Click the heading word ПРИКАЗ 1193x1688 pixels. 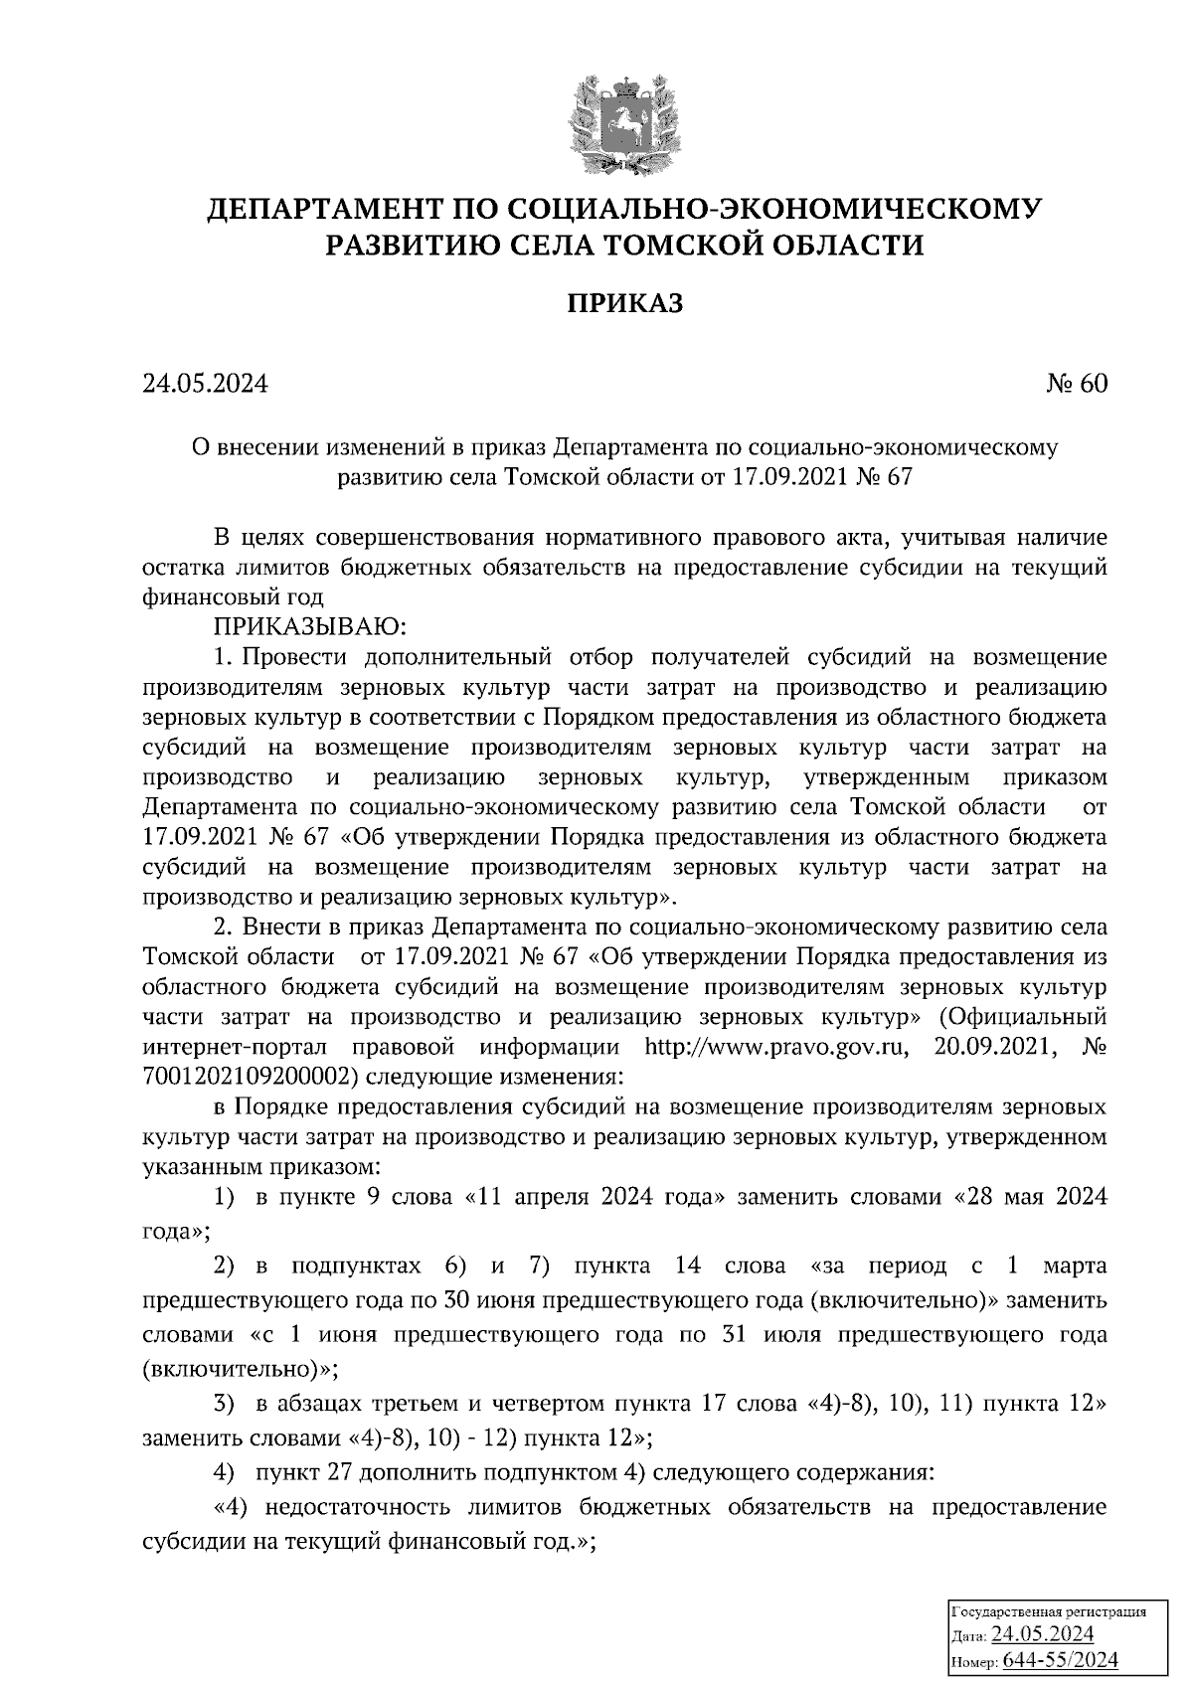coord(624,303)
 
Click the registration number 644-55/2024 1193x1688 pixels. coord(1061,1659)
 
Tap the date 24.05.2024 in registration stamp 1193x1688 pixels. coord(1042,1634)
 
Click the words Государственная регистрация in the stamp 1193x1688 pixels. coord(1049,1611)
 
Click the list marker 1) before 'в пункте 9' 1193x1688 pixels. coord(225,1197)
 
